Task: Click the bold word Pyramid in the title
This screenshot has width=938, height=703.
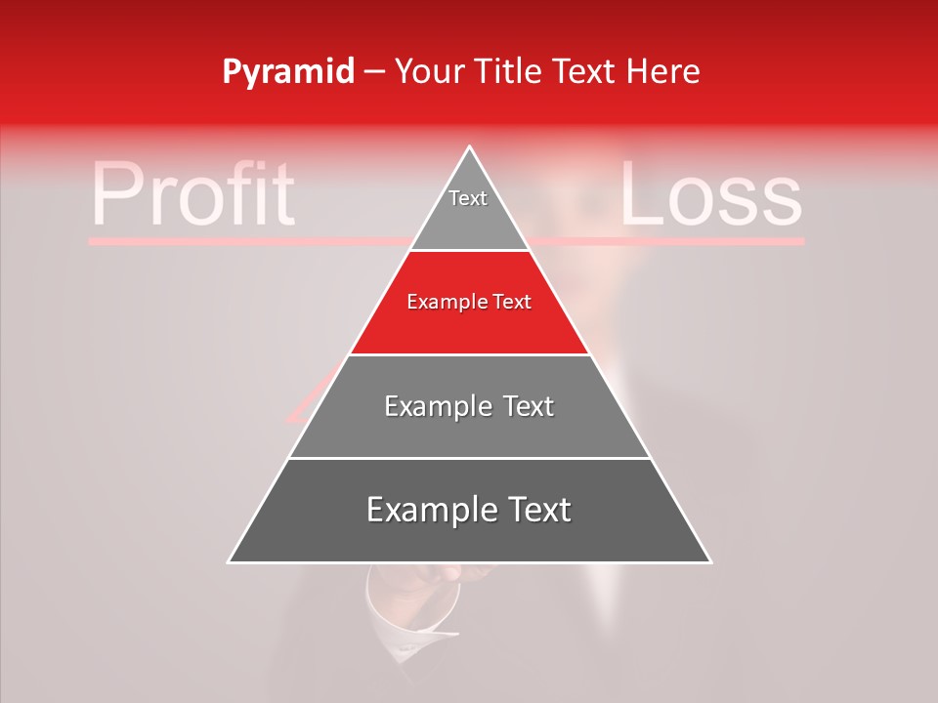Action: (288, 72)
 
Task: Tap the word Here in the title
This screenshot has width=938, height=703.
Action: (664, 71)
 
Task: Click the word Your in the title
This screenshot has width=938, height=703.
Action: (429, 71)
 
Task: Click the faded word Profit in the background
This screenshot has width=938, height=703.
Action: (192, 194)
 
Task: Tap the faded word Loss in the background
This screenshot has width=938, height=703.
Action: (710, 194)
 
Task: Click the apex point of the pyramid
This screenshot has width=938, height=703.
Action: (470, 148)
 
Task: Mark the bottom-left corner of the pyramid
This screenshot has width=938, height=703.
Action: (230, 561)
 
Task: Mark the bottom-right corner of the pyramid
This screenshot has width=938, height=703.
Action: (710, 561)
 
